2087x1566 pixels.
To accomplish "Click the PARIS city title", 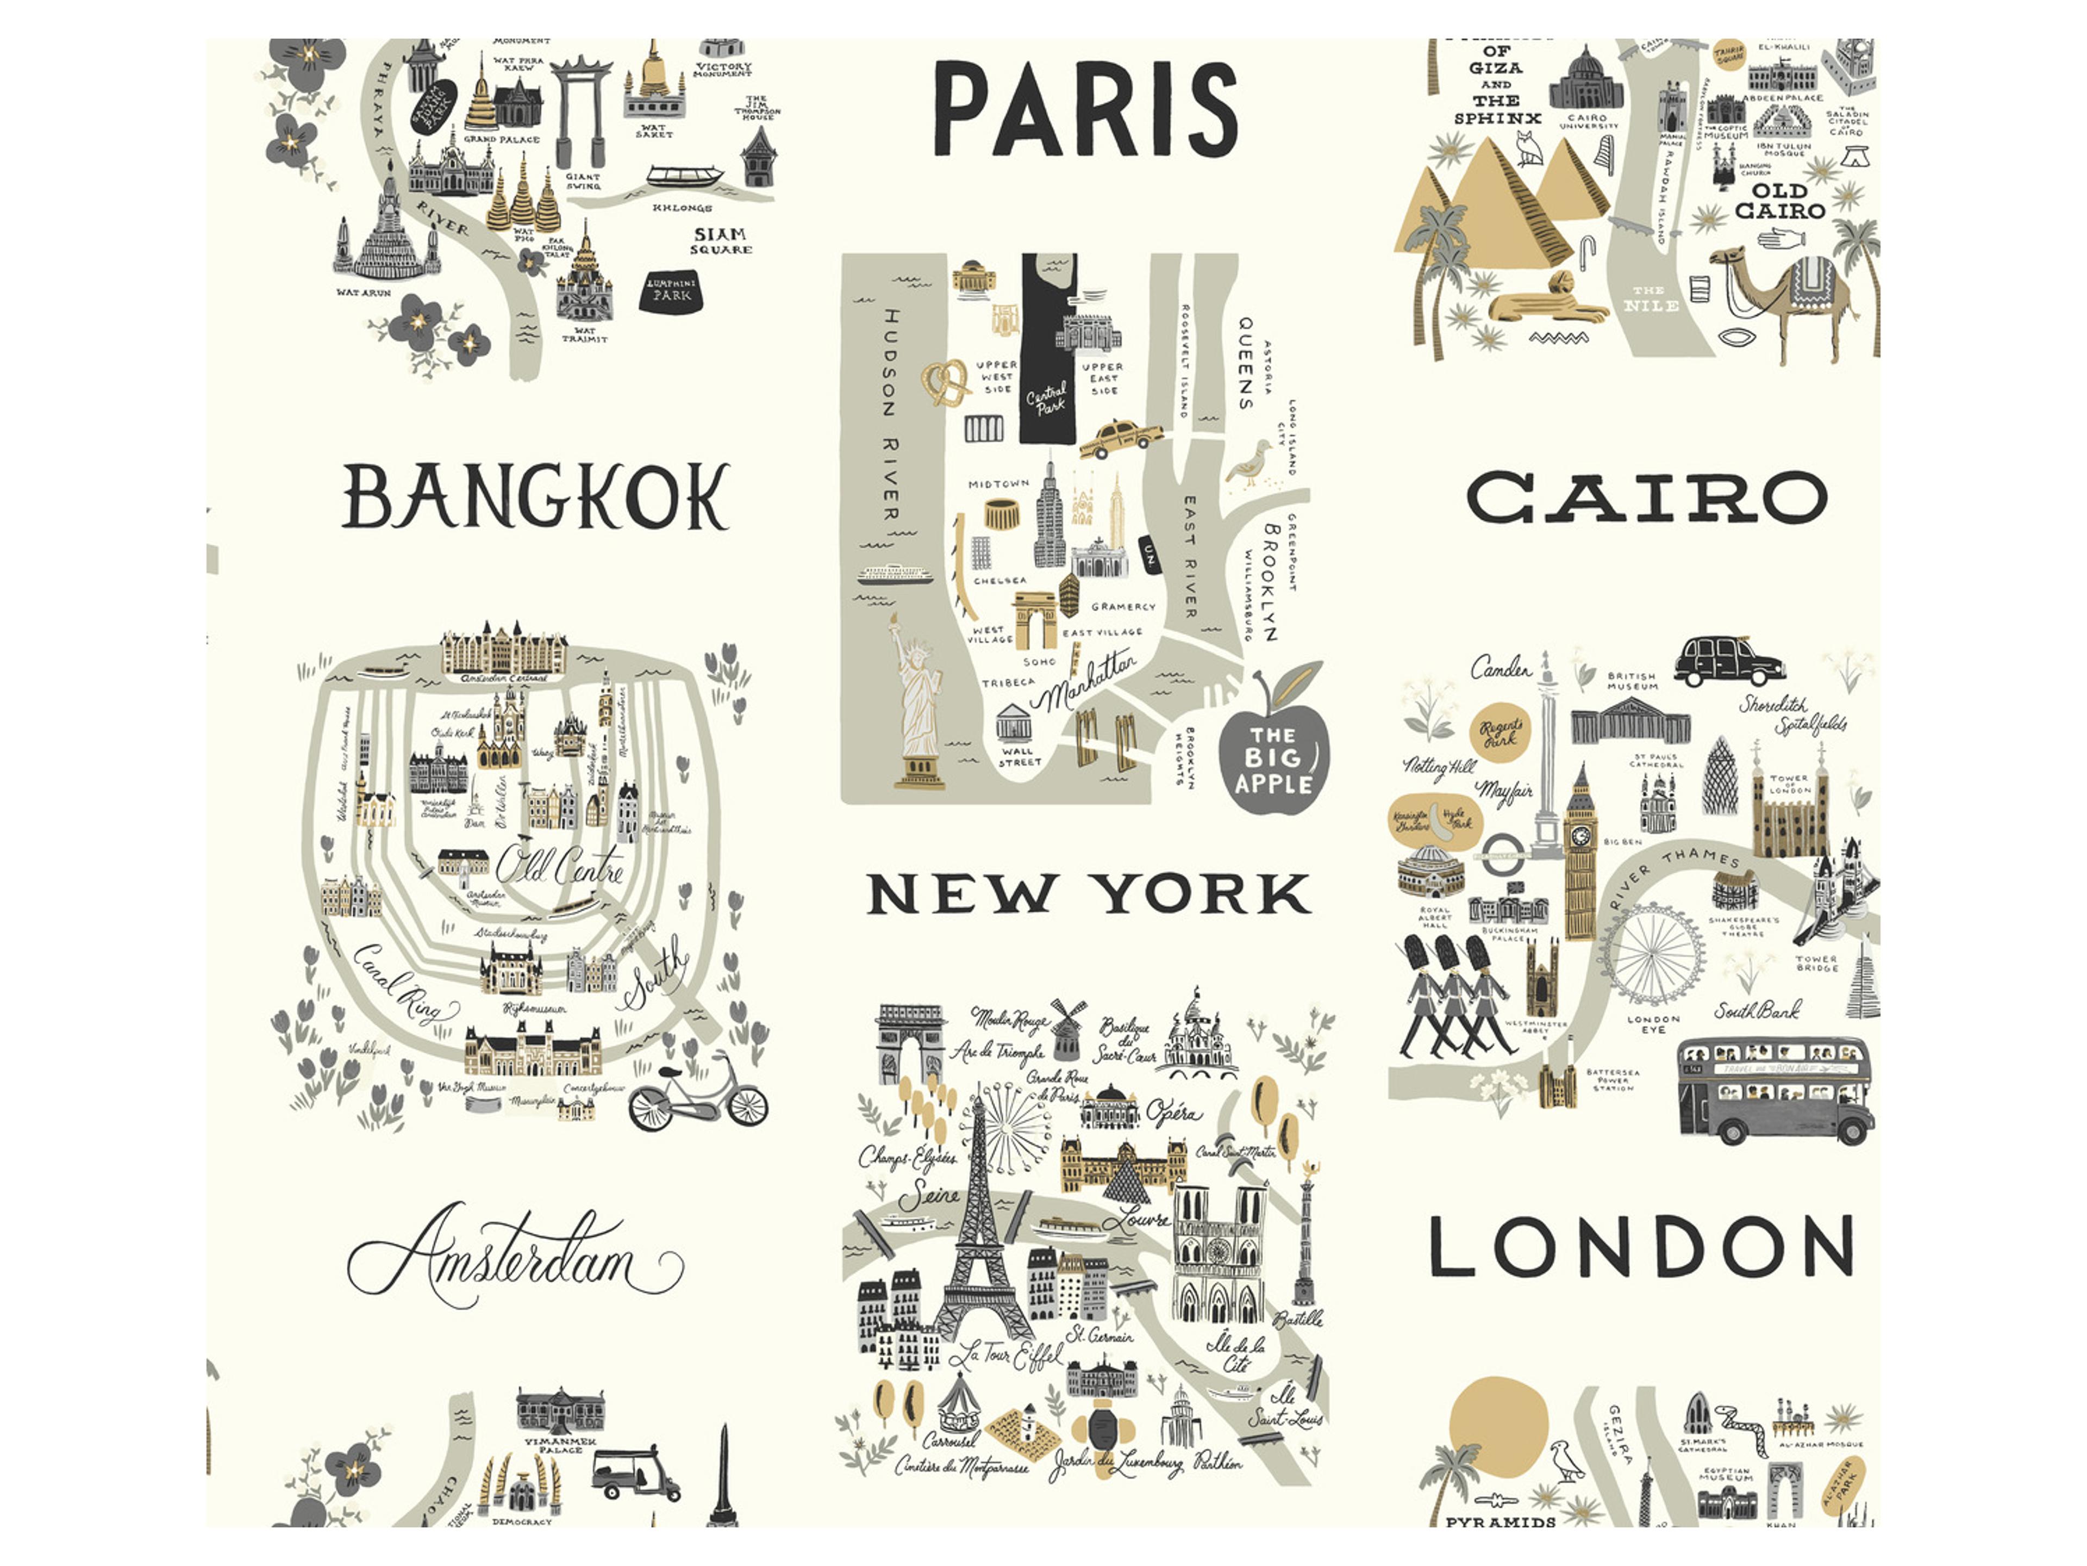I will pyautogui.click(x=1085, y=109).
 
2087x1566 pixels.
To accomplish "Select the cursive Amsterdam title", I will pyautogui.click(x=514, y=1260).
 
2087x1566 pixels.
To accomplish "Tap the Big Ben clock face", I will pyautogui.click(x=1580, y=835).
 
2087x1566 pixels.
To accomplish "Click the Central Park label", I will pyautogui.click(x=1047, y=399).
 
